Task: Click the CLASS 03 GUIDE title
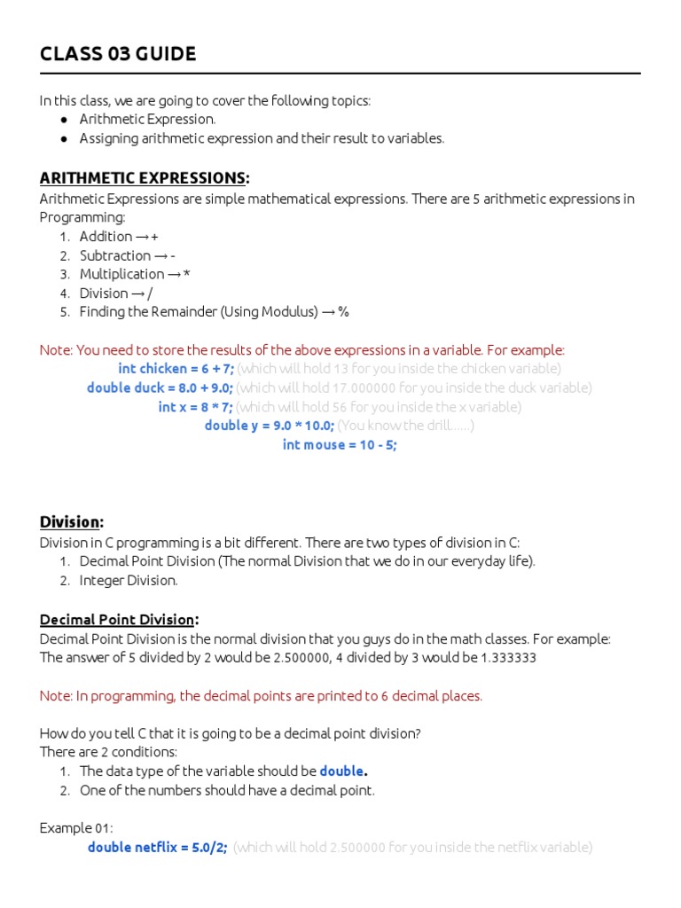118,54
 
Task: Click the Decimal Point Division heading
119,619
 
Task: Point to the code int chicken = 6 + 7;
176,368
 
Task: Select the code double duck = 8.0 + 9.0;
160,387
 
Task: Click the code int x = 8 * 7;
195,407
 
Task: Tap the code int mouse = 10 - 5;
340,445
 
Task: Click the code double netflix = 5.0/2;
157,847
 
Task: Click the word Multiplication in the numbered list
121,274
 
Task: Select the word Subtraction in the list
115,255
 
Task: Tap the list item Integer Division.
129,581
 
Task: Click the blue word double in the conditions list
341,771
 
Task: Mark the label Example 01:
76,828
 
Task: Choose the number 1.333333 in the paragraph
506,658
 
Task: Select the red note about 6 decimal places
261,696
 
